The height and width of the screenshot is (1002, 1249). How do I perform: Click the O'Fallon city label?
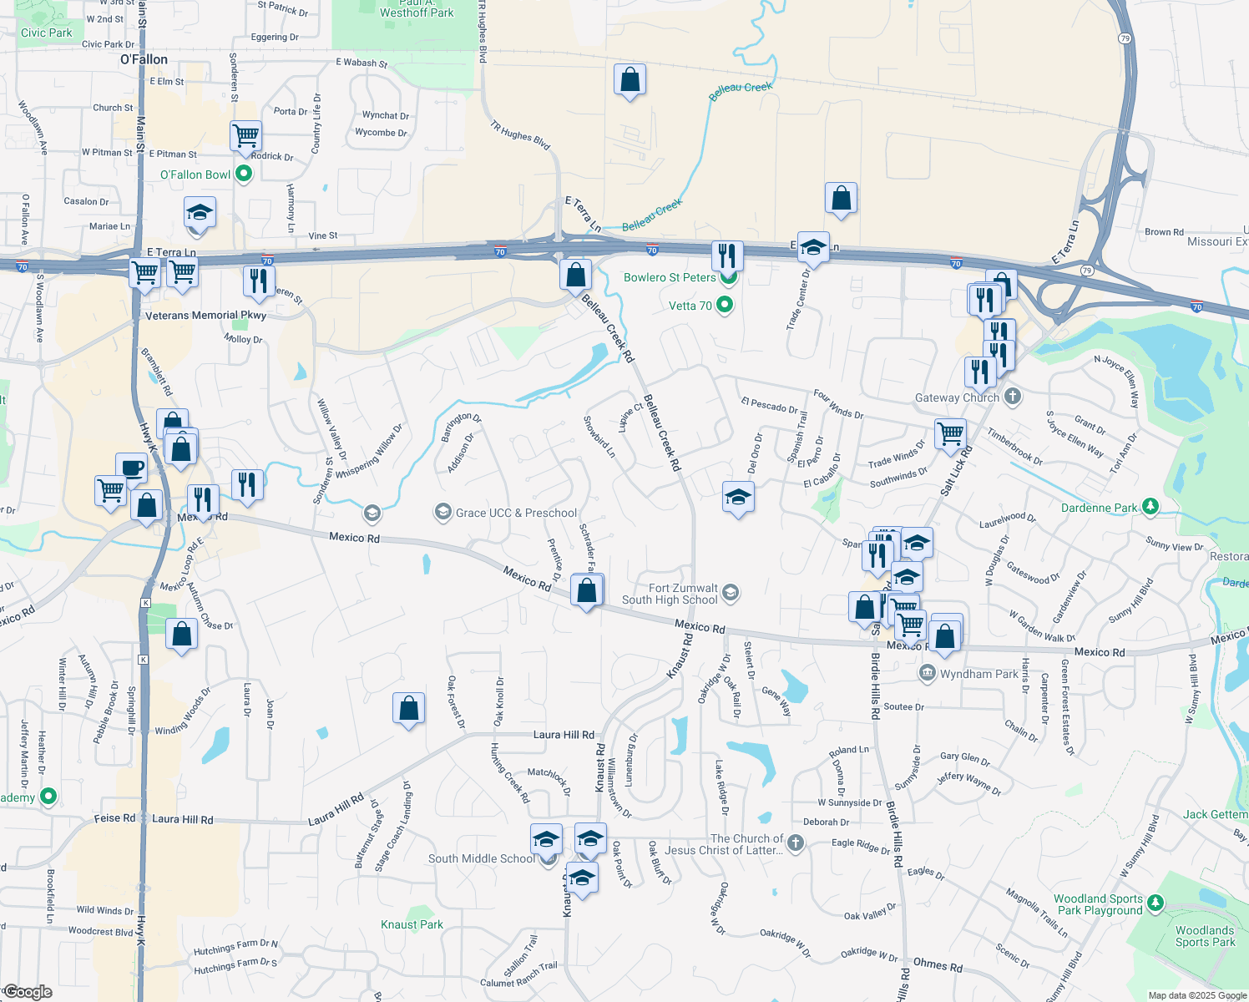point(144,59)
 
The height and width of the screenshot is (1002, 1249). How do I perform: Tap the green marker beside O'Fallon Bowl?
point(244,174)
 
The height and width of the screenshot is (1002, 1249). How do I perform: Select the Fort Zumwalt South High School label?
point(670,594)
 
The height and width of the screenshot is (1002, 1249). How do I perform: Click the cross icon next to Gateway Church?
point(1013,397)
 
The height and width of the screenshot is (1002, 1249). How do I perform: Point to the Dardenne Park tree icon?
point(1150,507)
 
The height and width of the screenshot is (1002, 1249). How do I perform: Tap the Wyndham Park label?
point(978,674)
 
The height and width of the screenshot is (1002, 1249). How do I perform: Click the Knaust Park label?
point(412,924)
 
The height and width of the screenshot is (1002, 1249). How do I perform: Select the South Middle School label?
point(481,858)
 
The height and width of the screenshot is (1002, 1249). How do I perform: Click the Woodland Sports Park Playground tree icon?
point(1155,903)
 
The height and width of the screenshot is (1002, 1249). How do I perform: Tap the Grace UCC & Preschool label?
point(516,513)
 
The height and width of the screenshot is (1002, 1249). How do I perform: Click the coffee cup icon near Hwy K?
point(131,468)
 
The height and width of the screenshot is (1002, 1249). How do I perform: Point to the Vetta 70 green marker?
point(725,305)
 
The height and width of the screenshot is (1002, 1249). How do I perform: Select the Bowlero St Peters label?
point(670,277)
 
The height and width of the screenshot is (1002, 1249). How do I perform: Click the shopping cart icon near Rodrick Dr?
point(246,134)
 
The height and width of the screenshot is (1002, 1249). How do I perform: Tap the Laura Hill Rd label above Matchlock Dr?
point(564,735)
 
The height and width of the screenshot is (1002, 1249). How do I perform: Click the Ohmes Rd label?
point(938,965)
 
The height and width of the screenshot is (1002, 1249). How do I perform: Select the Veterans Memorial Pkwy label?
point(205,316)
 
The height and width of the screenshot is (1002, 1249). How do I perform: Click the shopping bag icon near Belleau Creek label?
point(630,80)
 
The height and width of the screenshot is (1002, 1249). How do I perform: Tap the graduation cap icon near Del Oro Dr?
point(738,498)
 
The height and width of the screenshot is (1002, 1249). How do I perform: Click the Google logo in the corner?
point(28,992)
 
